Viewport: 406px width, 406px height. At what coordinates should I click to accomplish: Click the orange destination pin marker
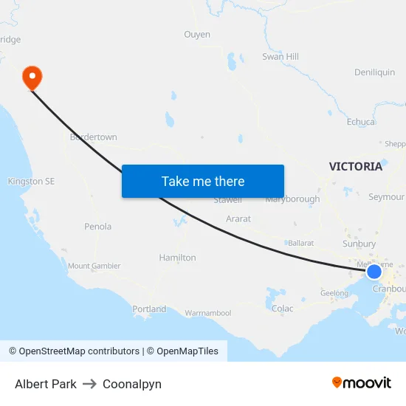coord(32,77)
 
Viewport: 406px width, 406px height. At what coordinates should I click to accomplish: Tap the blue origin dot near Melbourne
coord(374,272)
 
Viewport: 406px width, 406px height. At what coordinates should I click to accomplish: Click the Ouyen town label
coord(197,35)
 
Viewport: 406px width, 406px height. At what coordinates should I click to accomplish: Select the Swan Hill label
coord(281,57)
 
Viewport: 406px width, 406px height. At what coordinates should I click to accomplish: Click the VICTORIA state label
coord(356,167)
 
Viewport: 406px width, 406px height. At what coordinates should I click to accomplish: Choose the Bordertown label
coord(93,137)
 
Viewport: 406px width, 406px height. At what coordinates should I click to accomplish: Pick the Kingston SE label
coord(31,182)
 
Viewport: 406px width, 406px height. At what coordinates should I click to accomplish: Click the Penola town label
coord(98,227)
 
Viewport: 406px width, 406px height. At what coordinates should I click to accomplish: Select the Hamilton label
coord(178,258)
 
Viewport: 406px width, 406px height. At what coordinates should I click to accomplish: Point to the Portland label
coord(149,309)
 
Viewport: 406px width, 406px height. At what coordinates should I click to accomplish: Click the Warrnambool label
coord(208,314)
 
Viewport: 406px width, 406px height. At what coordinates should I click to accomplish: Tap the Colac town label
coord(282,309)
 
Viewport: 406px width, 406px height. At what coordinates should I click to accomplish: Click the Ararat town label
coord(238,219)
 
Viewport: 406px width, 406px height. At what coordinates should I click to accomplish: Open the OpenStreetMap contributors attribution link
coord(79,351)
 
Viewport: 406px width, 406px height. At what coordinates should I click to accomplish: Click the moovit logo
coord(362,383)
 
